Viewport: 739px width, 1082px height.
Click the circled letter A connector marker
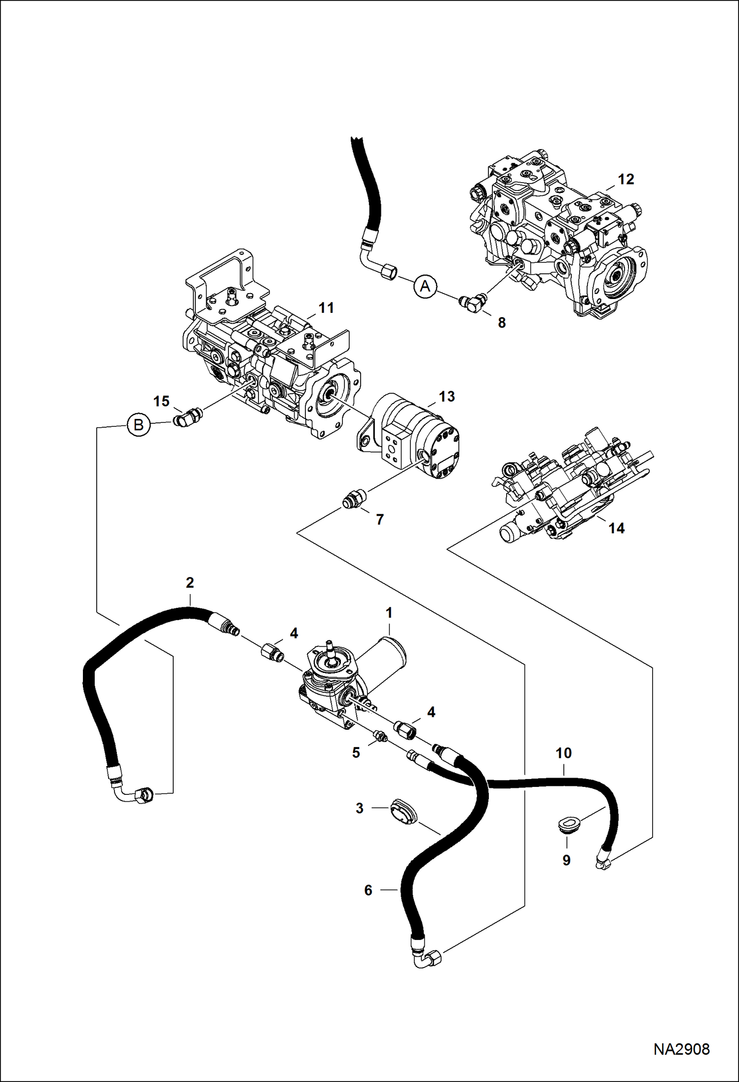click(425, 286)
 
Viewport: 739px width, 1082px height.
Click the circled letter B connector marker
click(139, 424)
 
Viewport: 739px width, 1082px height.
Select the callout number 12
click(626, 179)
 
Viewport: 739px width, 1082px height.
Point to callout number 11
click(326, 308)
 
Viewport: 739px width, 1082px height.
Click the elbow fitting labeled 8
click(473, 303)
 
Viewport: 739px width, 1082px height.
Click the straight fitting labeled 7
click(354, 499)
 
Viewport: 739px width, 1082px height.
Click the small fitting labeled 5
click(380, 738)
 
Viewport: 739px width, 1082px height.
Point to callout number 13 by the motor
click(446, 396)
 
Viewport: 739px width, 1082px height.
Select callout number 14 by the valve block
click(616, 528)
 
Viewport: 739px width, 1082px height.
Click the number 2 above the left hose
click(190, 583)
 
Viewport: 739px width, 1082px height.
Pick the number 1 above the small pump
click(389, 613)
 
